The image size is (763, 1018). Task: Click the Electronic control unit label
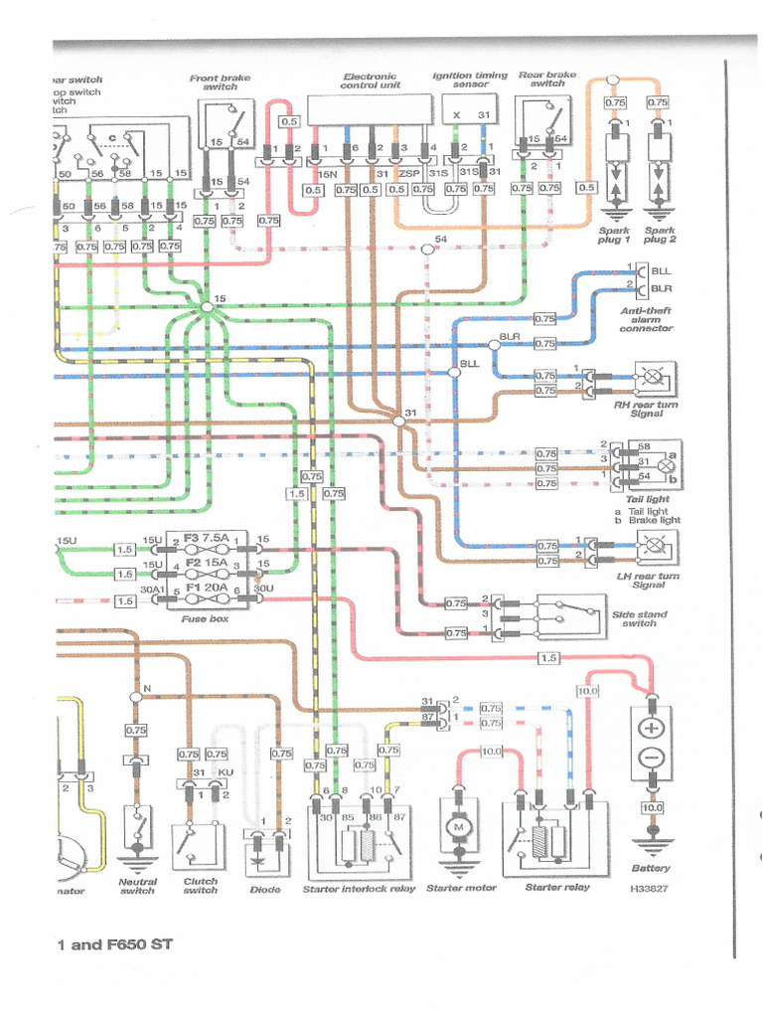tap(370, 81)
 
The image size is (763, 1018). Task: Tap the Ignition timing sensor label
tap(470, 81)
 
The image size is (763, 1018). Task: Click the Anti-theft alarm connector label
tap(646, 319)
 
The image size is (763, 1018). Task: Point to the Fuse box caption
tap(207, 618)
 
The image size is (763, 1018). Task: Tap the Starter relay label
tap(557, 887)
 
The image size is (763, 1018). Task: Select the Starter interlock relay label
tap(359, 889)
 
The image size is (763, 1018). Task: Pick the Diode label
tap(264, 889)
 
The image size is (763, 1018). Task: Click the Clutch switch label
tap(200, 885)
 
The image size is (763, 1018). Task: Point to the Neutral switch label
tap(137, 885)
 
